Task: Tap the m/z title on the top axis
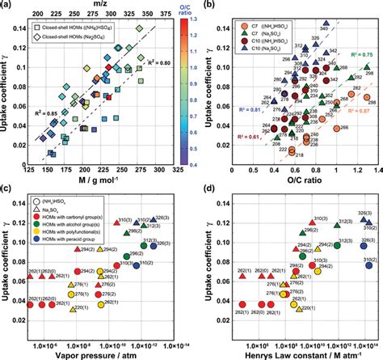pos(97,6)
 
